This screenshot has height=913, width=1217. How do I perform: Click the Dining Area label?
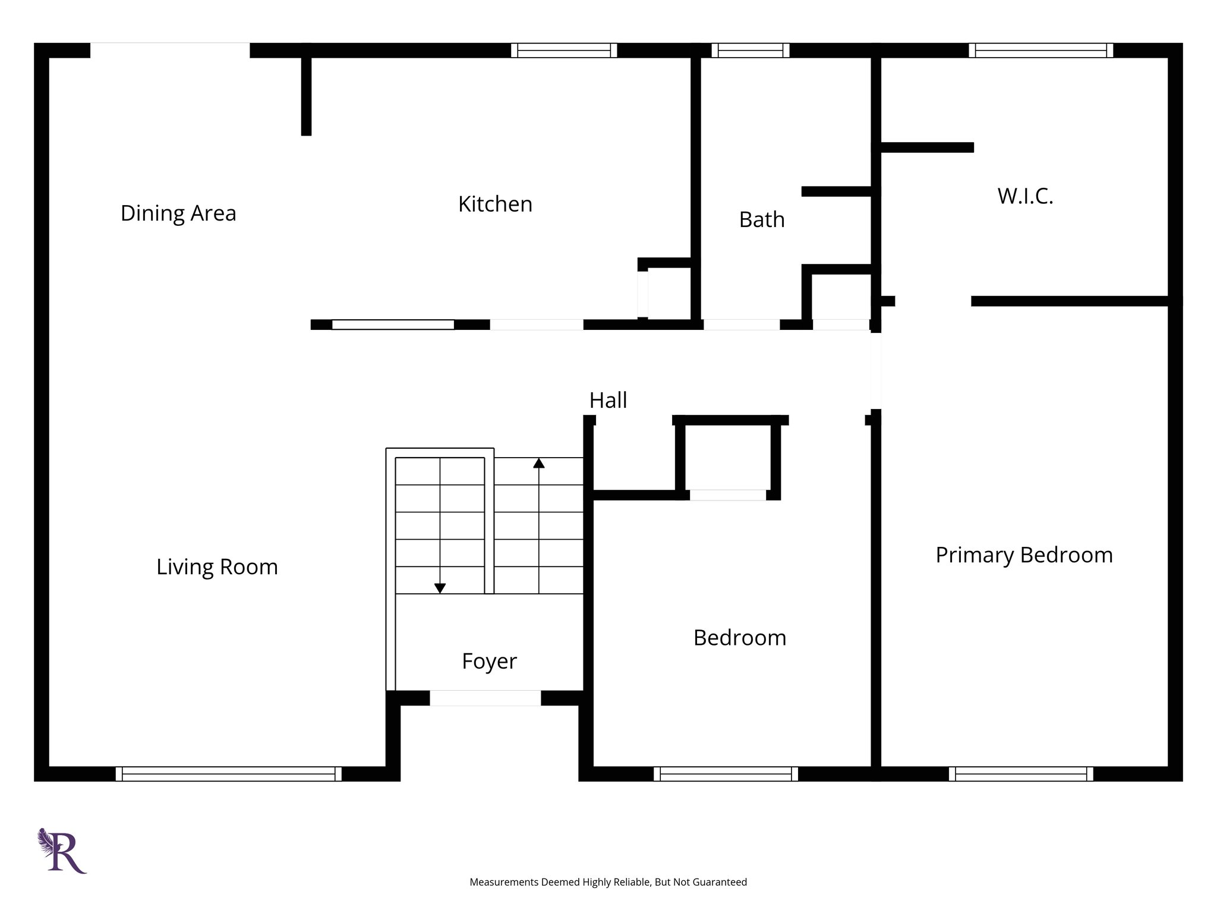[x=178, y=213]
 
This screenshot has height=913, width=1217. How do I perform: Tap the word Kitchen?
[x=495, y=204]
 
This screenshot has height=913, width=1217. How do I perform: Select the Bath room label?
[x=762, y=219]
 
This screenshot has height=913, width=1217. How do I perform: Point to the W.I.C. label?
[x=1025, y=196]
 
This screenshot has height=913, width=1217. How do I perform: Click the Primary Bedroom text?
[x=1024, y=555]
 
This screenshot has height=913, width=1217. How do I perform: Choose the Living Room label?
[x=217, y=566]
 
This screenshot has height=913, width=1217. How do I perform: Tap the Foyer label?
[x=489, y=660]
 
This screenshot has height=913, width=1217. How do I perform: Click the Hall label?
[x=608, y=400]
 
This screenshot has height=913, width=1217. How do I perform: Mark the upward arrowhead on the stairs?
[x=539, y=462]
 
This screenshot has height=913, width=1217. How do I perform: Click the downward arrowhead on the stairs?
[x=440, y=588]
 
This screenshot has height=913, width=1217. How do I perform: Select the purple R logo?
[x=63, y=851]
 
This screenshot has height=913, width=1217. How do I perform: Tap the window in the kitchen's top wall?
[x=564, y=51]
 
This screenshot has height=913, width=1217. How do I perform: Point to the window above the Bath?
[x=751, y=51]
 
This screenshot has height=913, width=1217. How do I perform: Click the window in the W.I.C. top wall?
[x=1041, y=51]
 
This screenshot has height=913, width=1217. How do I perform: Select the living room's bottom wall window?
[x=228, y=774]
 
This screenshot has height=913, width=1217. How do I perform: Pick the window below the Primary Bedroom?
[x=1020, y=774]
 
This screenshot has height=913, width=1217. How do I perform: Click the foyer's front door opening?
[x=485, y=698]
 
